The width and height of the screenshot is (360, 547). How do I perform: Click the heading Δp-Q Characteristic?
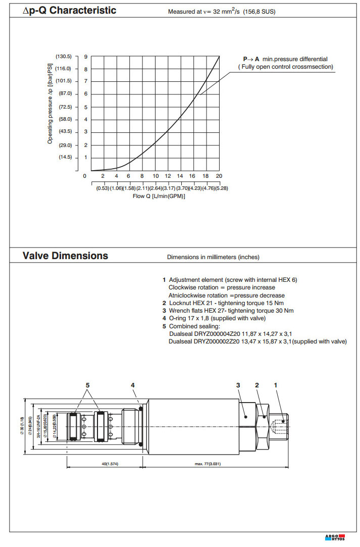(x=70, y=10)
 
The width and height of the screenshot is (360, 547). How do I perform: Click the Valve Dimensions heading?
(x=65, y=256)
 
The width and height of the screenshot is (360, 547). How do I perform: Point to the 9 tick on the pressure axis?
(x=86, y=57)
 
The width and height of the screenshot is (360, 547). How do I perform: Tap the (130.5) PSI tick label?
(x=64, y=57)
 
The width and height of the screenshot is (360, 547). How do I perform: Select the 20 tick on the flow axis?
(x=219, y=176)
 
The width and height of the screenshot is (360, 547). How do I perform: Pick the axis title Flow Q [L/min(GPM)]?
(x=159, y=196)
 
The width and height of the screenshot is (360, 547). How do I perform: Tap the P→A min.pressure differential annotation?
(x=286, y=60)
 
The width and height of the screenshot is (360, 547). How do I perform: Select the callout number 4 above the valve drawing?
(x=133, y=385)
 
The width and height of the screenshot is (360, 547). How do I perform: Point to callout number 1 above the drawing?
(x=276, y=385)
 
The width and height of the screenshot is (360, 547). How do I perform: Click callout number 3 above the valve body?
(x=238, y=385)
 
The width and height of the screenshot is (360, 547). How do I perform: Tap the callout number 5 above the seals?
(x=87, y=385)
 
